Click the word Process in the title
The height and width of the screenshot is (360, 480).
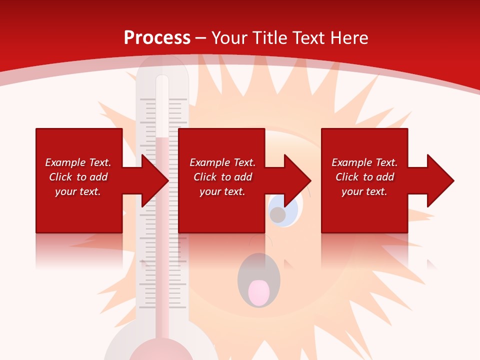(157, 37)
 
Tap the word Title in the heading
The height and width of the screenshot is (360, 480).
(267, 37)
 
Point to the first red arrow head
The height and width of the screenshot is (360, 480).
(155, 180)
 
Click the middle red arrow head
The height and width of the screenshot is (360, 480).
(297, 180)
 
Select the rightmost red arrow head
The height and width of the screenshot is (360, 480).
(440, 180)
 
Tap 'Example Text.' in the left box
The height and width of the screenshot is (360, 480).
(78, 162)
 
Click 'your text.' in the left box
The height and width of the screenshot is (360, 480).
(78, 191)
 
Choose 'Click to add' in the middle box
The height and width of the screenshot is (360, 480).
(222, 177)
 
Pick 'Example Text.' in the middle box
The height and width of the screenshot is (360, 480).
(222, 162)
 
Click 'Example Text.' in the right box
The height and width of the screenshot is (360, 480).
(364, 162)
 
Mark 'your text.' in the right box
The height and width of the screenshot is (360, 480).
(364, 191)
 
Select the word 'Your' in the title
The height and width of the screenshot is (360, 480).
(229, 37)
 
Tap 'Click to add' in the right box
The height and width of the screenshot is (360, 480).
(364, 177)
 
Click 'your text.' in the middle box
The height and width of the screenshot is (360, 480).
(222, 191)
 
